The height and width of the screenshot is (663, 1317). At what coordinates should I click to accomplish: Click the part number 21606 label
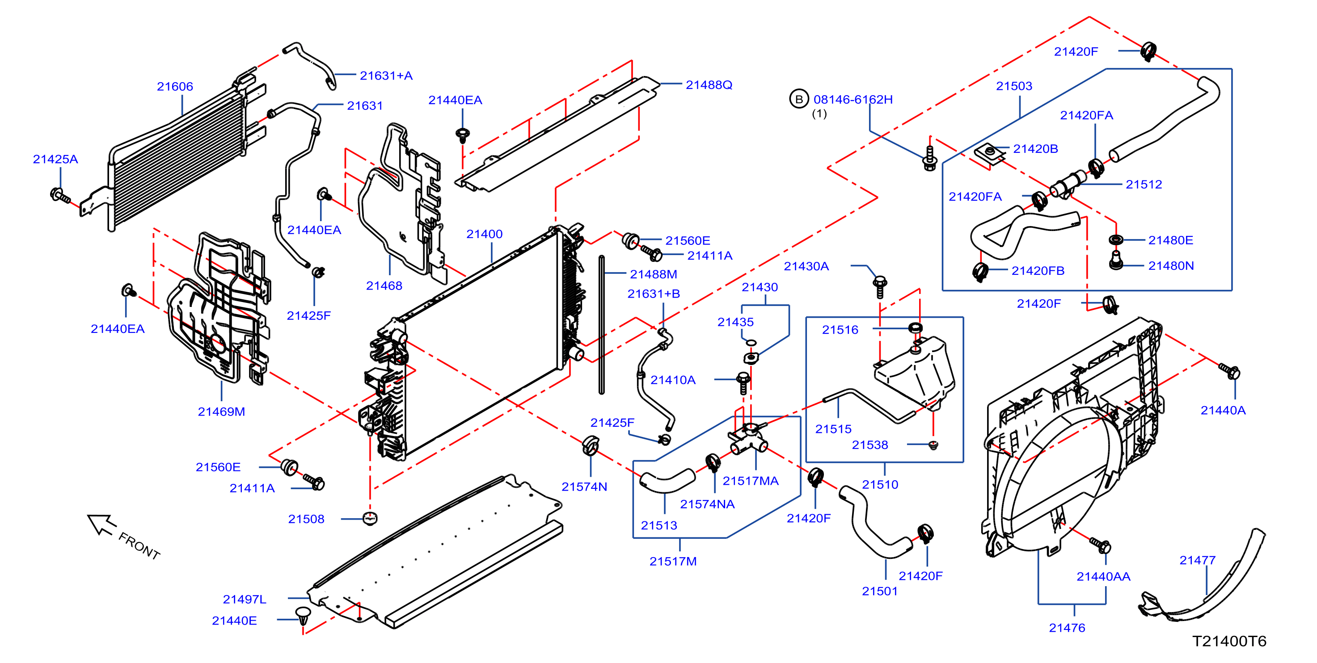pyautogui.click(x=175, y=86)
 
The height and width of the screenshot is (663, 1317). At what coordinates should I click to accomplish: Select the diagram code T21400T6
pyautogui.click(x=1229, y=641)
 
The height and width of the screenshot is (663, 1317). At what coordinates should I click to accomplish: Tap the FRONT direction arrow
pyautogui.click(x=101, y=525)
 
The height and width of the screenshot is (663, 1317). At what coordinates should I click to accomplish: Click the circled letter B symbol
pyautogui.click(x=798, y=99)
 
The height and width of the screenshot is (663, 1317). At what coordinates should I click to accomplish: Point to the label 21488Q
pyautogui.click(x=709, y=85)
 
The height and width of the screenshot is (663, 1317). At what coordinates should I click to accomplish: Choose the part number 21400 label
pyautogui.click(x=484, y=234)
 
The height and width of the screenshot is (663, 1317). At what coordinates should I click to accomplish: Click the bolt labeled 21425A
pyautogui.click(x=61, y=196)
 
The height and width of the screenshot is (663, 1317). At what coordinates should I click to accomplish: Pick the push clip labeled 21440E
pyautogui.click(x=303, y=615)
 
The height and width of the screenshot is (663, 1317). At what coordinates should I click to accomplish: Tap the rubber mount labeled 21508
pyautogui.click(x=370, y=518)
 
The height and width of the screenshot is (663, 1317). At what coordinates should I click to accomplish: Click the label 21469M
pyautogui.click(x=221, y=411)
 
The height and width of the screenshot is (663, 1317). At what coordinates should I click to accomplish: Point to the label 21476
pyautogui.click(x=1067, y=628)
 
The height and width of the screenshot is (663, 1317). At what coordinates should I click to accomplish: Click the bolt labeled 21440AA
pyautogui.click(x=1101, y=545)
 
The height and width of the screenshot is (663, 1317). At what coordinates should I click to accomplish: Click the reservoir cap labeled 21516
pyautogui.click(x=915, y=327)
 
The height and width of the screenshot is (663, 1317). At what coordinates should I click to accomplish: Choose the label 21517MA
pyautogui.click(x=751, y=481)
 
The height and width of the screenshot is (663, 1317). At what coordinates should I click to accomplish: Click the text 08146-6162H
pyautogui.click(x=853, y=100)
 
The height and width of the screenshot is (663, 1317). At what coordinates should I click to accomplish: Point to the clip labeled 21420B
pyautogui.click(x=989, y=153)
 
